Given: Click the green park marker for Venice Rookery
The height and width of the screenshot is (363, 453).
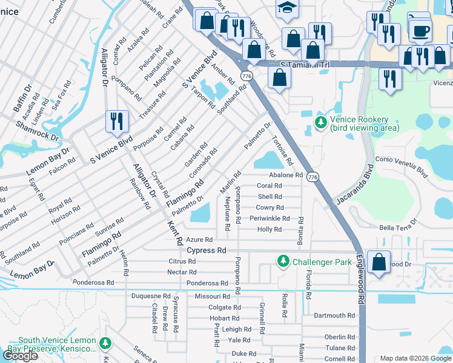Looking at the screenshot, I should (x=320, y=123).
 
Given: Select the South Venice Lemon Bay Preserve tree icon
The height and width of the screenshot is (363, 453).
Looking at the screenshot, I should (x=106, y=344).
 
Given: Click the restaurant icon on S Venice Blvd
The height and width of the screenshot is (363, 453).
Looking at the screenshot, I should (x=115, y=120).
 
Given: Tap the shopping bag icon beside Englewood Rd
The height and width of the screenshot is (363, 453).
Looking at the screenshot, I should (x=379, y=262).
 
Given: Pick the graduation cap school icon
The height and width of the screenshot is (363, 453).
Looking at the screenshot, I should (x=285, y=7).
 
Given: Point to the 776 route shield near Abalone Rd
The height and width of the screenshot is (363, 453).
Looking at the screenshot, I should (x=312, y=177).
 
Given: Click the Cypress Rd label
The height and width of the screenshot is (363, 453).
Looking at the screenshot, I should (x=206, y=250).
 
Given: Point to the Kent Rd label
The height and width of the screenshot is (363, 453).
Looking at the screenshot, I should (x=175, y=231).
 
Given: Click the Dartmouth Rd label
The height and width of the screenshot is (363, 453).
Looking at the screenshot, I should (x=334, y=315).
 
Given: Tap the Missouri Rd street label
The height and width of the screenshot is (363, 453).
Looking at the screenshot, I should (x=212, y=296).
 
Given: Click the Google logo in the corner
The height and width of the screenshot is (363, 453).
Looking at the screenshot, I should (x=21, y=355).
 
